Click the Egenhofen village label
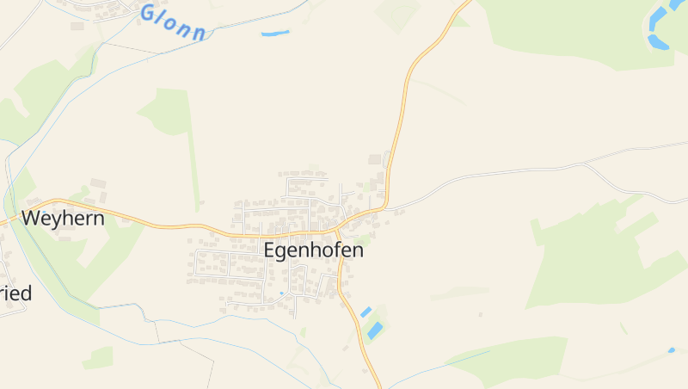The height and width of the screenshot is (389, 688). coord(313,251)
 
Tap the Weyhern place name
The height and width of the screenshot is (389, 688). coord(63,219)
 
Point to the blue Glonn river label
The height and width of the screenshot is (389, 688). coord(174,23)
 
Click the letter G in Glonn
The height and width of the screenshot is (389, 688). coord(148,12)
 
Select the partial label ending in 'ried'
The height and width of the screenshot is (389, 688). coord(15,293)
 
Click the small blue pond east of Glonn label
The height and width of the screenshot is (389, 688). coord(275,34)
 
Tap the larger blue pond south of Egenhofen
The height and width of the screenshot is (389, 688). coord(375,330)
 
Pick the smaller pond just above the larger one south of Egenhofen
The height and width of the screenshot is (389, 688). coord(365,312)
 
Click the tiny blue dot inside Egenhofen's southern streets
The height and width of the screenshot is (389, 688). coord(280,293)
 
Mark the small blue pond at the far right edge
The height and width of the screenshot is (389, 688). coord(672,350)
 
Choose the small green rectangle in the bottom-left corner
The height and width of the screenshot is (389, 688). coord(99,357)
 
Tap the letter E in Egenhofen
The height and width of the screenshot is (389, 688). coord(269,251)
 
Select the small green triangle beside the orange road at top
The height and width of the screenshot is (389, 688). coord(461,20)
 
